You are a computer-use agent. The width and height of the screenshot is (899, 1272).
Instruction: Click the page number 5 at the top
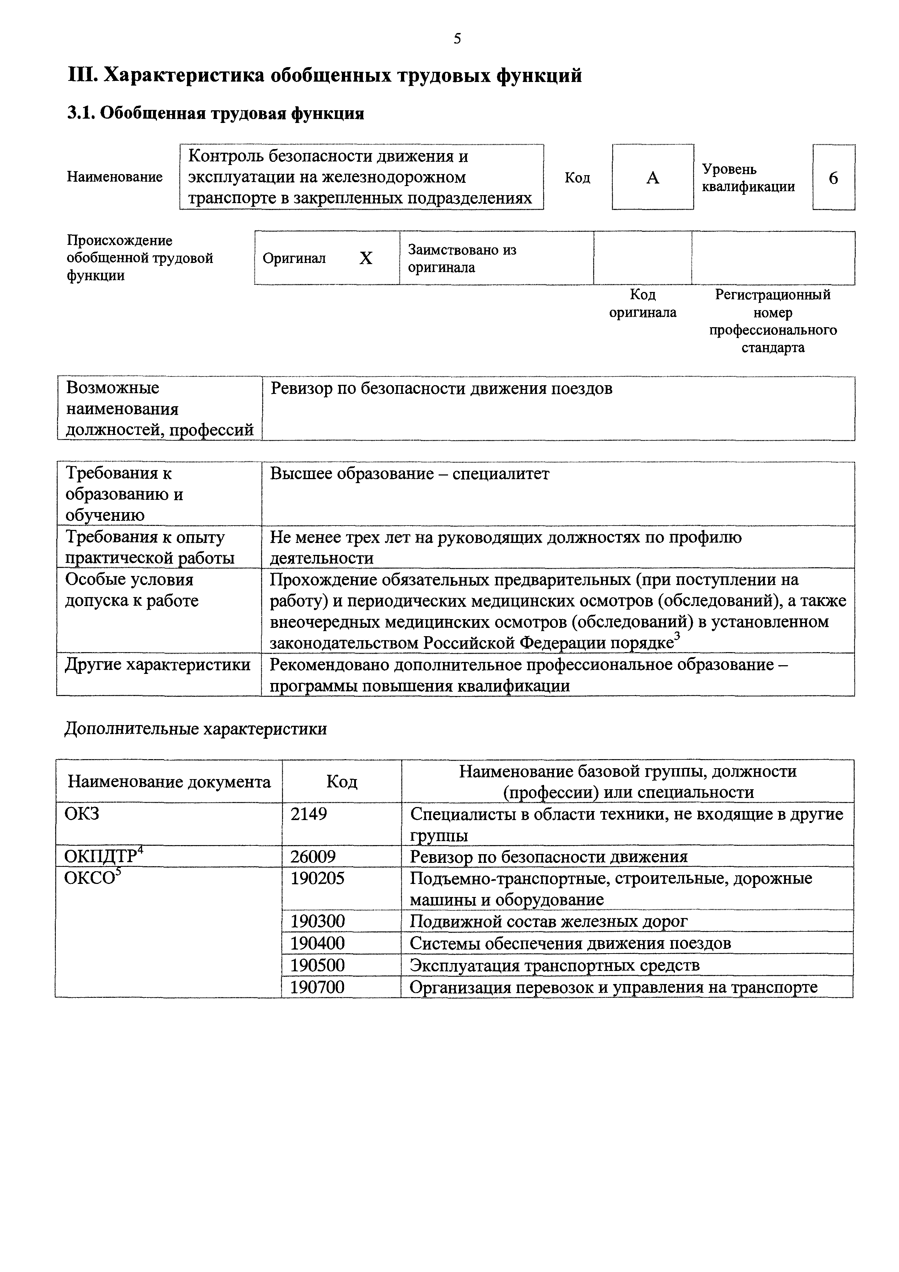click(457, 39)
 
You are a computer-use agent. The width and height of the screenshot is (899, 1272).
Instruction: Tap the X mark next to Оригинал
click(366, 258)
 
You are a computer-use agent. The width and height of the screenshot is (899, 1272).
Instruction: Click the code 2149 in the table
click(309, 814)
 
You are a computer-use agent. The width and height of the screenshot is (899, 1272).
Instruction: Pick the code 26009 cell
click(313, 857)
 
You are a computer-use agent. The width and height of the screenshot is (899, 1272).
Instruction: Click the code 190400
click(318, 943)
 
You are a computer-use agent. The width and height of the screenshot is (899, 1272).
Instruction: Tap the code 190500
click(318, 965)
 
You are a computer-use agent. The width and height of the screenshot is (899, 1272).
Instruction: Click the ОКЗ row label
click(82, 814)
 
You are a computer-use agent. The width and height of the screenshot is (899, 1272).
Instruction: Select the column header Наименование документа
click(169, 782)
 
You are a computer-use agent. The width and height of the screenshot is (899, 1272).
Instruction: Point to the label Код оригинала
click(643, 304)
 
